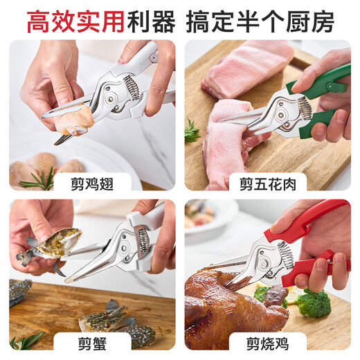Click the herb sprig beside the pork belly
[x=192, y=132]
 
